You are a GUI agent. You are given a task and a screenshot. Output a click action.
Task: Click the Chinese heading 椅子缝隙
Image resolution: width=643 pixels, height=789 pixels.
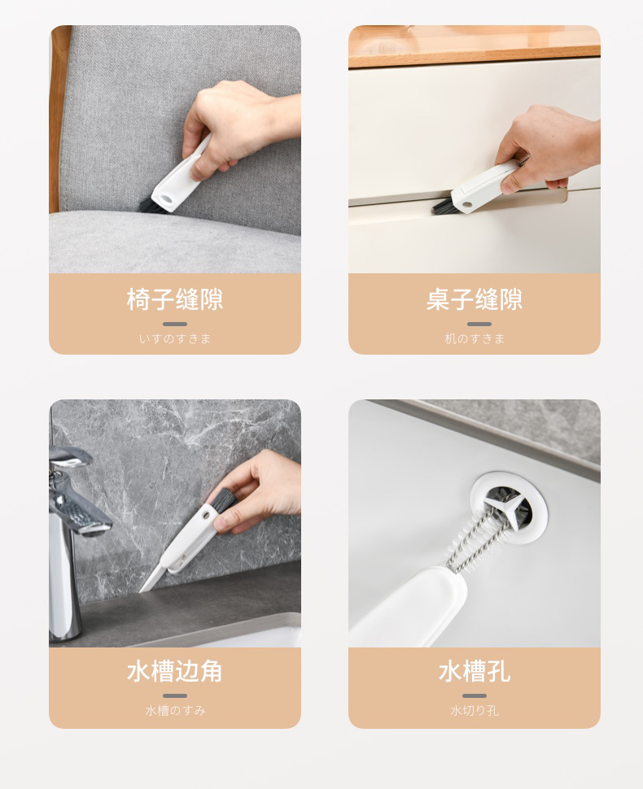pos(175,299)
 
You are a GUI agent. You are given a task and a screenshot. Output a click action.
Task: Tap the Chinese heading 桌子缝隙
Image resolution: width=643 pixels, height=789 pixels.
pos(475,299)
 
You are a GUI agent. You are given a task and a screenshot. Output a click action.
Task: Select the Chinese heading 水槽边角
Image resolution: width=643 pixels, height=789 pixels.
pos(175,671)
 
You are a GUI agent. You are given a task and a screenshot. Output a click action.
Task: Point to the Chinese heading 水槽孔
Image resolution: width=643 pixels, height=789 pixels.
pos(475,671)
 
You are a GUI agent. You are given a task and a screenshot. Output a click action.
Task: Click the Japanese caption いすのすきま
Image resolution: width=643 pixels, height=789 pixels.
pos(175,338)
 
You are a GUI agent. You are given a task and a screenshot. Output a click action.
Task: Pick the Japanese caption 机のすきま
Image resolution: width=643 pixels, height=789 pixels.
pos(475,338)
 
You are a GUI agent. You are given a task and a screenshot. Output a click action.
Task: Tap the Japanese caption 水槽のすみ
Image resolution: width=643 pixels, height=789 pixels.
pos(175,710)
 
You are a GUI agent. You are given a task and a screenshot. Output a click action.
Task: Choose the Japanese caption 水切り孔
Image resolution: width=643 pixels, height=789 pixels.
pos(475,710)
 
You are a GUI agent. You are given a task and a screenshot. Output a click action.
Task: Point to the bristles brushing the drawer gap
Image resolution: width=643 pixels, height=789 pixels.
pos(443,206)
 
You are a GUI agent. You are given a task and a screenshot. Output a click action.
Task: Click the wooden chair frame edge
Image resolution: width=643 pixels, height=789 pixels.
pos(59,119)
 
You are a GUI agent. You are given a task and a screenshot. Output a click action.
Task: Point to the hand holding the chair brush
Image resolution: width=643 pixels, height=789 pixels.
pos(237,126)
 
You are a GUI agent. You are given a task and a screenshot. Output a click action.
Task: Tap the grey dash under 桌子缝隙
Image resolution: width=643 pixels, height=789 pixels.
pos(479,324)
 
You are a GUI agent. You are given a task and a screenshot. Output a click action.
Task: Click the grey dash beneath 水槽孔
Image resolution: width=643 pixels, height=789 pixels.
pos(475,696)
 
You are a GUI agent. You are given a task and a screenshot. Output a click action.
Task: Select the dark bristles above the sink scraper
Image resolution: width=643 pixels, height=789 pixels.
pos(221,501)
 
